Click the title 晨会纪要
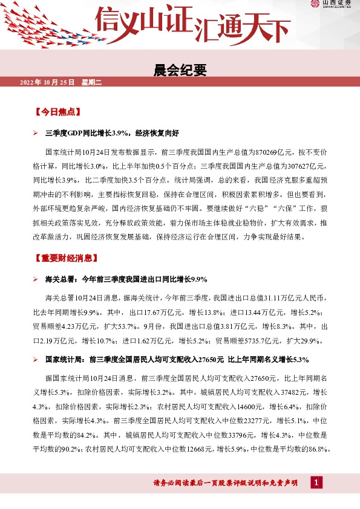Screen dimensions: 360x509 coord(180,71)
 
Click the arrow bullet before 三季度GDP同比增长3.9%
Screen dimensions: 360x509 coord(36,132)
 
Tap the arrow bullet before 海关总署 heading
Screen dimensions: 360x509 coord(36,279)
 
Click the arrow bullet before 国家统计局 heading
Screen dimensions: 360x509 coord(36,360)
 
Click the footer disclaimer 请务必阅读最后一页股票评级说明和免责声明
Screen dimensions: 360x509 coord(225,482)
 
